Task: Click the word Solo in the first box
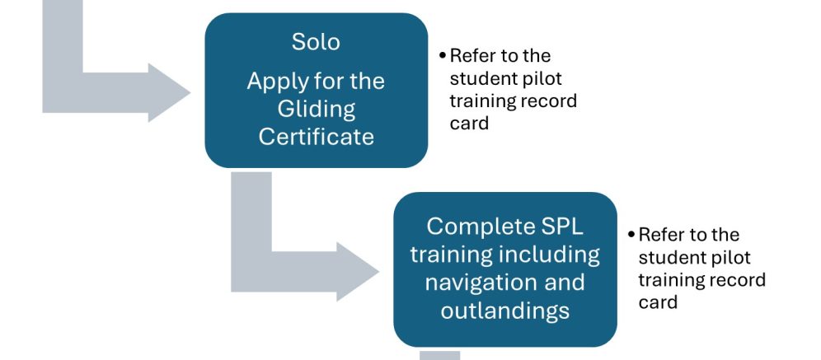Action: (315, 41)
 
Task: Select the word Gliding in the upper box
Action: (315, 109)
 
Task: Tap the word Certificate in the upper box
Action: (315, 135)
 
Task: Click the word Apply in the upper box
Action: (276, 82)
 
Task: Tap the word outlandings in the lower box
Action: (504, 311)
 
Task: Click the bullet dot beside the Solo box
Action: (443, 55)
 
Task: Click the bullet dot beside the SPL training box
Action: (631, 234)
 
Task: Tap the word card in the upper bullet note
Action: (469, 124)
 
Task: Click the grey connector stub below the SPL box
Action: (441, 354)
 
